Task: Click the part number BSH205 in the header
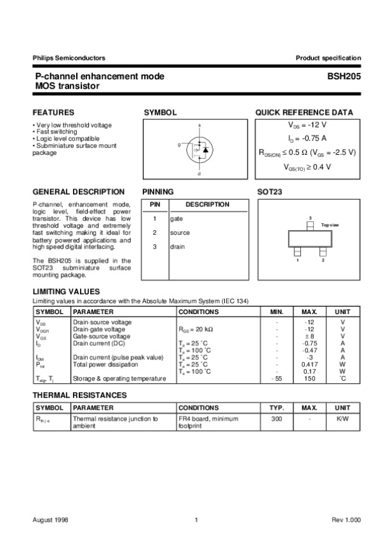click(x=344, y=76)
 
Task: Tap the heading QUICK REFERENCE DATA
click(x=304, y=112)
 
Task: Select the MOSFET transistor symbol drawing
click(x=197, y=148)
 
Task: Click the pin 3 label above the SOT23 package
click(x=310, y=218)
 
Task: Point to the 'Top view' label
click(x=330, y=225)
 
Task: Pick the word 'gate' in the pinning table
click(x=176, y=218)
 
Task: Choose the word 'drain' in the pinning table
click(x=177, y=246)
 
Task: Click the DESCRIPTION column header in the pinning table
click(x=207, y=204)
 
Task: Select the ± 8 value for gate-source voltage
click(x=309, y=336)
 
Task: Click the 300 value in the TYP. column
click(x=277, y=419)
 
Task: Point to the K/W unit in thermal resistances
click(x=343, y=419)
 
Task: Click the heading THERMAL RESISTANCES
click(x=79, y=395)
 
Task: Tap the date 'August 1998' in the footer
click(x=50, y=520)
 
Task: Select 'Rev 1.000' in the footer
click(x=346, y=520)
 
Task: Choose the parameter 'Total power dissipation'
click(x=105, y=364)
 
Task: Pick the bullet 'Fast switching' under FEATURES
click(x=58, y=131)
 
